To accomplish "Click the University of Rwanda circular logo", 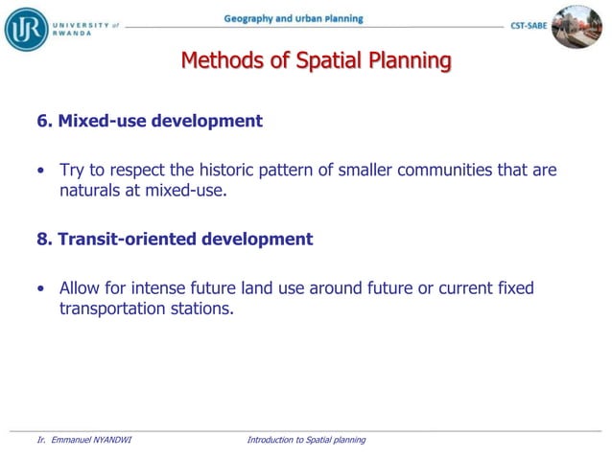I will (26, 28).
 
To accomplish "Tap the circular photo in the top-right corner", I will (577, 27).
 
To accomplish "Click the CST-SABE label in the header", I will (529, 27).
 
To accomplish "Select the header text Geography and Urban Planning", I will (294, 18).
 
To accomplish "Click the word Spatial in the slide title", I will (338, 62).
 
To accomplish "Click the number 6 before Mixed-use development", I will (42, 122).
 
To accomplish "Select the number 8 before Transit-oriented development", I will (42, 240).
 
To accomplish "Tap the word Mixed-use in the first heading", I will (97, 122).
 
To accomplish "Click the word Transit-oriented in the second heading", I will (127, 240).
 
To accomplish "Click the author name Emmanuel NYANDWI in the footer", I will (90, 440).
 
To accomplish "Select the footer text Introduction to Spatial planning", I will (306, 440).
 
